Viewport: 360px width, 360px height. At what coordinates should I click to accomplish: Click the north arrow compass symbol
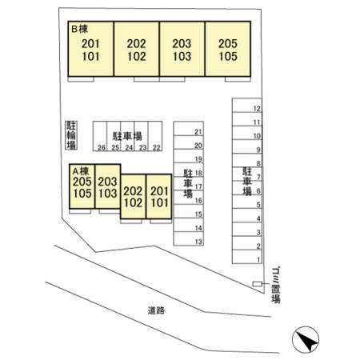click(x=306, y=340)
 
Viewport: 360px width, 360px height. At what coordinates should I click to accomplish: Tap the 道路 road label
click(x=156, y=310)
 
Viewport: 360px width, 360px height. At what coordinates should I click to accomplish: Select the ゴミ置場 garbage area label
click(x=276, y=285)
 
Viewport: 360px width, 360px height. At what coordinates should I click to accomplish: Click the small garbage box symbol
click(x=258, y=284)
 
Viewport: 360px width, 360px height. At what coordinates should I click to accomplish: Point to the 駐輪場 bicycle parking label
click(x=71, y=135)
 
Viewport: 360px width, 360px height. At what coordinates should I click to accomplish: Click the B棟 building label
click(x=79, y=29)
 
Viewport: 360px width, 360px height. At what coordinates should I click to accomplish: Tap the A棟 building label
click(x=81, y=170)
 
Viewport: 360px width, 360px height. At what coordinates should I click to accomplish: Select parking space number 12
click(x=247, y=106)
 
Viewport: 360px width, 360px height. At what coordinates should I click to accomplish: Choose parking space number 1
click(x=247, y=257)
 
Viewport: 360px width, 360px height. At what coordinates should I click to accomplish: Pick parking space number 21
click(x=189, y=129)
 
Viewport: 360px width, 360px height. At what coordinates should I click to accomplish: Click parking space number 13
click(x=189, y=238)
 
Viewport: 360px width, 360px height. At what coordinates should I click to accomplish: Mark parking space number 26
click(x=100, y=136)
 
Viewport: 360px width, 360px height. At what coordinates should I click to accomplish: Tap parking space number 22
click(x=155, y=136)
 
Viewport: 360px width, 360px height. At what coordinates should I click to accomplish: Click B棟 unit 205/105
click(x=228, y=49)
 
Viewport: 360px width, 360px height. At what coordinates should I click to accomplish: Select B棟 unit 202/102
click(x=137, y=49)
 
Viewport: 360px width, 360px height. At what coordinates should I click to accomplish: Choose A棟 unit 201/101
click(x=159, y=197)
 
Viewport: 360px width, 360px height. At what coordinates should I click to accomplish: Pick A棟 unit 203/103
click(x=108, y=186)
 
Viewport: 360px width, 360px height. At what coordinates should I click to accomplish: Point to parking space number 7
click(x=247, y=174)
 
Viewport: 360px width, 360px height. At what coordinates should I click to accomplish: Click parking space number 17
click(x=189, y=183)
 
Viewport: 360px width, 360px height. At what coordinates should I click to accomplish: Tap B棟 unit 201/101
click(x=91, y=49)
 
